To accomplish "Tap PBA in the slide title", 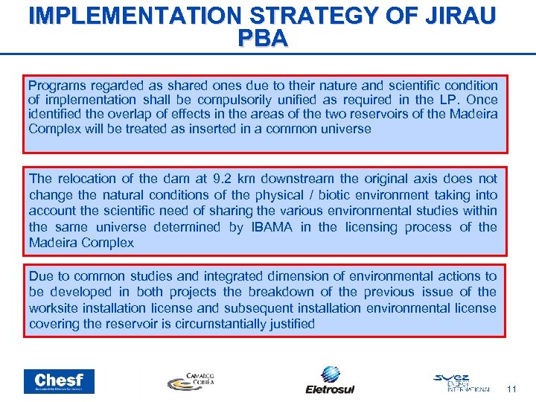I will [x=262, y=39].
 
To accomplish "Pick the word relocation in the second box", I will [x=87, y=179].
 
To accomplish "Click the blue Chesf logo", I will [x=60, y=381].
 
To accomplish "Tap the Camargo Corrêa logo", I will [x=191, y=380].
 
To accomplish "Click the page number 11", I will [x=511, y=389].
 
